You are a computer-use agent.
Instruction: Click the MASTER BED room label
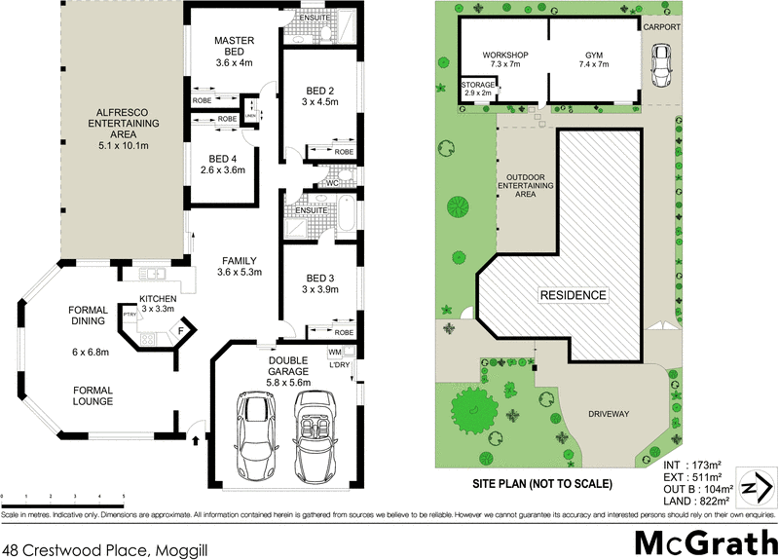(234, 46)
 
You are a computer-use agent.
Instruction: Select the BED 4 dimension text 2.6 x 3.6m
(219, 170)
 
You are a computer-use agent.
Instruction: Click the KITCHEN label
(157, 298)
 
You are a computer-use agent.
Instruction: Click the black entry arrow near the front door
(197, 440)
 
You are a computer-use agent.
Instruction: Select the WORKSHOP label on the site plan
(505, 55)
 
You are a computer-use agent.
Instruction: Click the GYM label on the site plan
(595, 55)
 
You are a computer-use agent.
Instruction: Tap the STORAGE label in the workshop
(478, 86)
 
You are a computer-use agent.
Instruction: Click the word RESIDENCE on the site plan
(575, 294)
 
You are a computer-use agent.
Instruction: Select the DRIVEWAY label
(609, 414)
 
